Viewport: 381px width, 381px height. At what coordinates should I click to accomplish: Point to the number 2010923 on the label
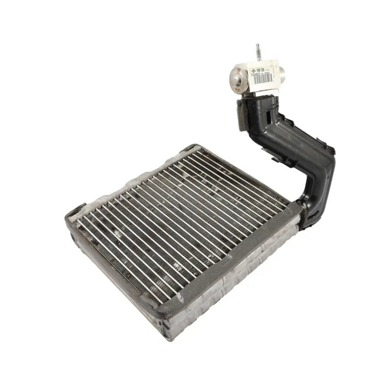pos(256,74)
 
